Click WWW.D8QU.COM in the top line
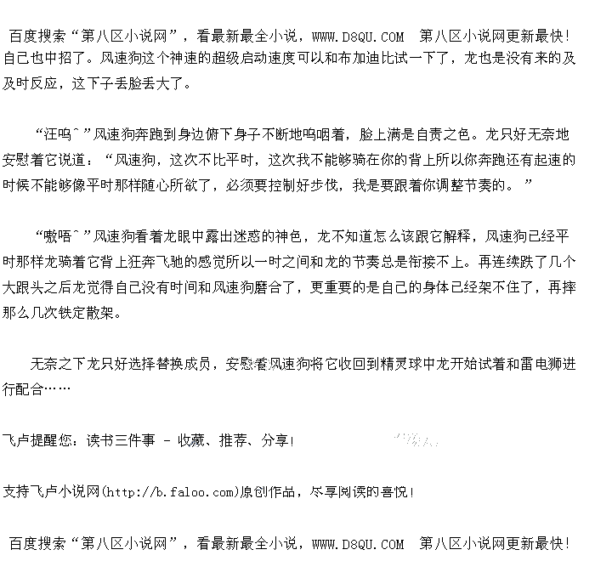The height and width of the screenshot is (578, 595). [358, 37]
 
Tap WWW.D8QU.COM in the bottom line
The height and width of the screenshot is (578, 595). [358, 544]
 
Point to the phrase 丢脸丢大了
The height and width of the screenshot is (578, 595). [157, 84]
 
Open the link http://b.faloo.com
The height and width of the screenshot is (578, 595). [170, 492]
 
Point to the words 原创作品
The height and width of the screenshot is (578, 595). [269, 492]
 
